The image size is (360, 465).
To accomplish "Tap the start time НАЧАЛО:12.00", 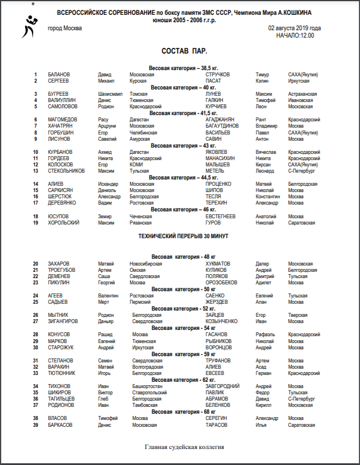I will (294, 35).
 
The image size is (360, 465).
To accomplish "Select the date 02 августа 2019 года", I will (294, 28).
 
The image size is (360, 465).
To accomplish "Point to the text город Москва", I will (64, 28).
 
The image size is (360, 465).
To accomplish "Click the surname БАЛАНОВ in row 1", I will (59, 75).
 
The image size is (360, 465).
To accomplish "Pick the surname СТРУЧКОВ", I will (218, 75).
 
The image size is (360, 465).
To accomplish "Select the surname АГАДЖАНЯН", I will (222, 120).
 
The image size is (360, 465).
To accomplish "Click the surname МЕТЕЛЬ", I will (215, 170).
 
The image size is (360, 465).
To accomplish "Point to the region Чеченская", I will (142, 217).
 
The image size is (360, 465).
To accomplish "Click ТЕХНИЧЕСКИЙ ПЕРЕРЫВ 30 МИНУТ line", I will (180, 235).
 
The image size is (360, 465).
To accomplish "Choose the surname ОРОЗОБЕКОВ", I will (221, 283).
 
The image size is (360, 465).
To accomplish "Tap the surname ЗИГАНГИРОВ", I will (63, 321).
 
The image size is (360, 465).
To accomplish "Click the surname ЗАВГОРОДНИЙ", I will (223, 386).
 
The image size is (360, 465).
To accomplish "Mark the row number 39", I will (35, 425).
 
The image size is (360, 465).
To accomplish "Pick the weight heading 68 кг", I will (183, 411).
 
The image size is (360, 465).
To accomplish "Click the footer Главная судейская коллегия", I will (184, 447).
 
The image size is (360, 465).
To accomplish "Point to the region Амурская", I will (141, 138).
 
